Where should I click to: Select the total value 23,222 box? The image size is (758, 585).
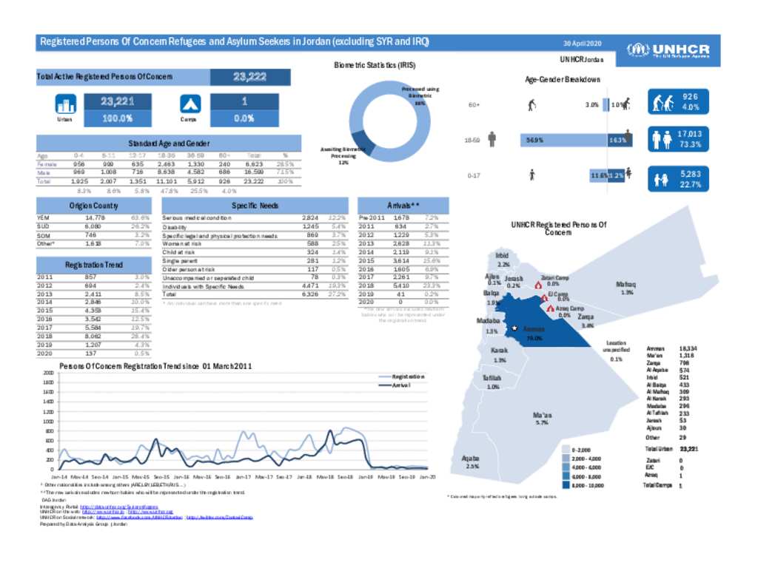click(x=250, y=77)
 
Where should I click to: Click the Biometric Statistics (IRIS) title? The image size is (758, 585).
click(x=380, y=65)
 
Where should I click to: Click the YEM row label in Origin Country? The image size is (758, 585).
click(x=44, y=218)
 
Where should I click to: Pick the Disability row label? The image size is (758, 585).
click(x=175, y=226)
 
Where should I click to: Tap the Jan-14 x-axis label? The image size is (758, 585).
click(x=60, y=478)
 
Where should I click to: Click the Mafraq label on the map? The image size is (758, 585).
click(x=625, y=285)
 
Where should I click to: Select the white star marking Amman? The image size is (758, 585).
click(x=514, y=328)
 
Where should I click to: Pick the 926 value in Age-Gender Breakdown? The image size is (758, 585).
click(x=688, y=96)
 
